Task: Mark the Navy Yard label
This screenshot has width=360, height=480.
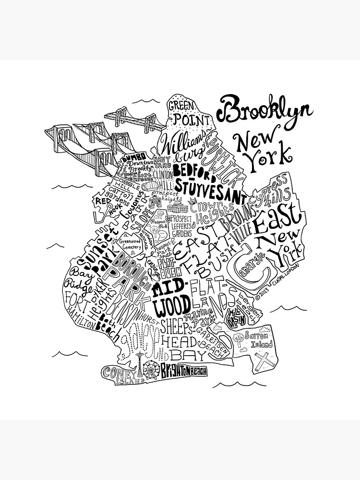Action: (160, 163)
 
